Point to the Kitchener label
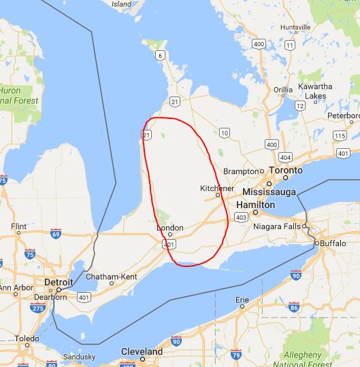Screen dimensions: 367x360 [217, 188]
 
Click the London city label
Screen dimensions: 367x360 [170, 228]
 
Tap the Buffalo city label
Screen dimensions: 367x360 [333, 243]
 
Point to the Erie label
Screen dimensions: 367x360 [242, 299]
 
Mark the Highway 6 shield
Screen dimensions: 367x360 [160, 54]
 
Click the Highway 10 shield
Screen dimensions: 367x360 [224, 131]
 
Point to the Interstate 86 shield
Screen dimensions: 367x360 [293, 308]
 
